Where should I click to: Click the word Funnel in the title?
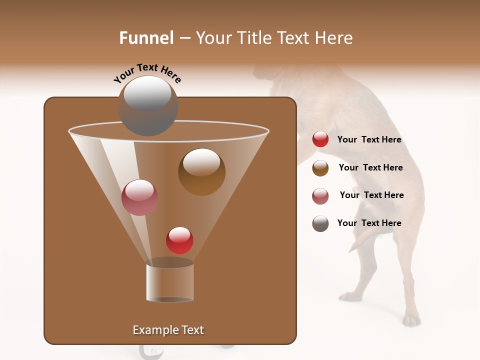pyautogui.click(x=146, y=38)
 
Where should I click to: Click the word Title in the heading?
pyautogui.click(x=253, y=38)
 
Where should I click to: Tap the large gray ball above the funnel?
pyautogui.click(x=148, y=106)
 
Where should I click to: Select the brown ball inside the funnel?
pyautogui.click(x=201, y=172)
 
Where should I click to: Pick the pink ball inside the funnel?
pyautogui.click(x=139, y=197)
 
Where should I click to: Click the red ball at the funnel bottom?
pyautogui.click(x=179, y=240)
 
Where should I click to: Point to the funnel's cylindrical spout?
pyautogui.click(x=169, y=282)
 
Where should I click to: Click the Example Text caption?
pyautogui.click(x=168, y=330)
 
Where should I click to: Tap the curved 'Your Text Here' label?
pyautogui.click(x=147, y=73)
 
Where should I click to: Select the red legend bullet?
pyautogui.click(x=320, y=139)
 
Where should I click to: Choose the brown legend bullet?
pyautogui.click(x=320, y=168)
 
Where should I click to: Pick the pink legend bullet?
pyautogui.click(x=320, y=196)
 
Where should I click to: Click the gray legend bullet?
pyautogui.click(x=320, y=223)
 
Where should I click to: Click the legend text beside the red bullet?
pyautogui.click(x=369, y=139)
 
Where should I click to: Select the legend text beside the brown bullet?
pyautogui.click(x=370, y=167)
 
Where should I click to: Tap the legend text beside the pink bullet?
pyautogui.click(x=371, y=195)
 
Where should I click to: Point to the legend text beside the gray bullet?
pyautogui.click(x=369, y=223)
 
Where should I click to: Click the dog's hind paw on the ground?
pyautogui.click(x=411, y=319)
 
